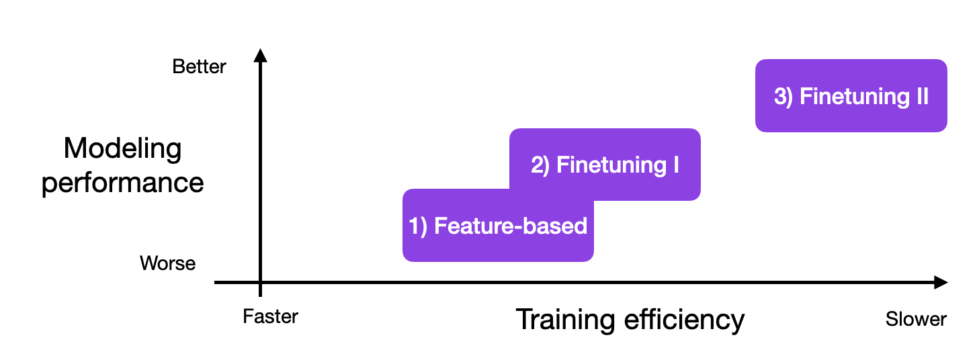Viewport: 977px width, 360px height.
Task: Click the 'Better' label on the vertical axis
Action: click(200, 66)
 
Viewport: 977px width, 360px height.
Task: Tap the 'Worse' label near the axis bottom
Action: click(168, 263)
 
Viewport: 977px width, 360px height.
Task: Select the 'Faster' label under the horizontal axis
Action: click(270, 316)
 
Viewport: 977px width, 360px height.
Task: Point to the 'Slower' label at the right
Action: click(916, 319)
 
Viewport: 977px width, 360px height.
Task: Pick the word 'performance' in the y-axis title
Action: click(122, 183)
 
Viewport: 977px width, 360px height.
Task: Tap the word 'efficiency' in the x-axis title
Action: click(684, 320)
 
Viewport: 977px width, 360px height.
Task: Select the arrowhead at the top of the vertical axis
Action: click(261, 55)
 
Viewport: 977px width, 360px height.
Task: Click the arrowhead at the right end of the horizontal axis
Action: click(941, 282)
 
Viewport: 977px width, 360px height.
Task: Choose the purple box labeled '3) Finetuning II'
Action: click(851, 96)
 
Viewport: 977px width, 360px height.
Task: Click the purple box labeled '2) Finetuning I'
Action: click(605, 165)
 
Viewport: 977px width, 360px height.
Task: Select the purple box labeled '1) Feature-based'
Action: click(498, 225)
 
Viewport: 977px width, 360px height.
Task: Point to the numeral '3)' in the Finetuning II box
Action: click(783, 97)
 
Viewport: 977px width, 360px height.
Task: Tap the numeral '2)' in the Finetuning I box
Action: click(540, 166)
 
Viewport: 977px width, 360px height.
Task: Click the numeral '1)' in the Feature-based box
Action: click(418, 226)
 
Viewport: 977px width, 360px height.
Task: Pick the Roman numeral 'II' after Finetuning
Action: click(923, 96)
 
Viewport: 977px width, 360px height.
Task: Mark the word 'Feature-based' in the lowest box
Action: click(511, 226)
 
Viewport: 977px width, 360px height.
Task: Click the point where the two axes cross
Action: click(261, 282)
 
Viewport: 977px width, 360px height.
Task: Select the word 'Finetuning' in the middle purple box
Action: click(611, 166)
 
